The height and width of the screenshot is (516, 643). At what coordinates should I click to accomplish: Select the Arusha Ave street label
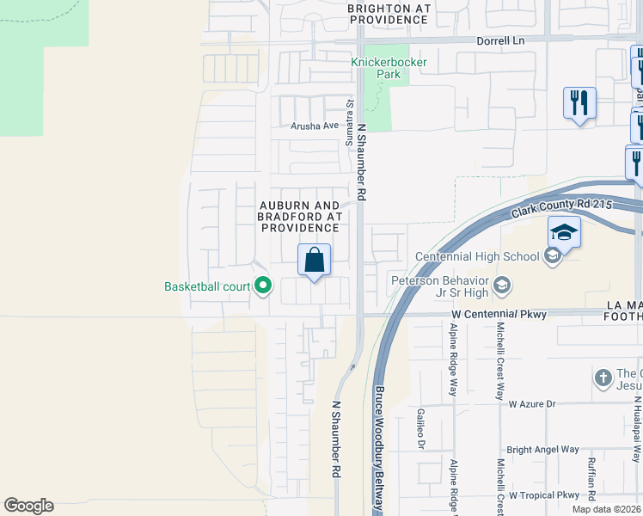click(315, 126)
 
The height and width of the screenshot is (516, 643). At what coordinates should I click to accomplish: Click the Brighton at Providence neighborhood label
click(389, 13)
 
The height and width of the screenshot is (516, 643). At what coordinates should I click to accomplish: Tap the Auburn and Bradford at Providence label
click(300, 217)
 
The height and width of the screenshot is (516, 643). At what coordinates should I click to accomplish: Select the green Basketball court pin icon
click(262, 286)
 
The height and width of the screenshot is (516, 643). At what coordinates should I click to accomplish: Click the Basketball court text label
click(207, 287)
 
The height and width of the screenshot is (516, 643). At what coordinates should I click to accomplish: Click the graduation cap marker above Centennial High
click(565, 233)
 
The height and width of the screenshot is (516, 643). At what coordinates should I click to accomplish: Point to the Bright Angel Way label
click(542, 450)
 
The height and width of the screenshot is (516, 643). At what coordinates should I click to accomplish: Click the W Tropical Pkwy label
click(544, 495)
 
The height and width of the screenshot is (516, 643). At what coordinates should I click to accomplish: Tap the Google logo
click(28, 506)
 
